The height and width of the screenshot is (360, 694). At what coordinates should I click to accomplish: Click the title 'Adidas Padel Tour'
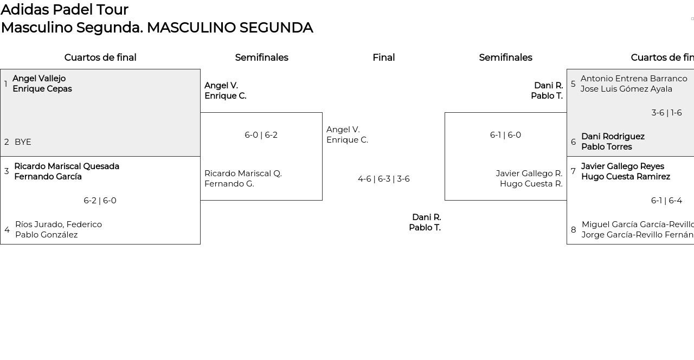coord(65,10)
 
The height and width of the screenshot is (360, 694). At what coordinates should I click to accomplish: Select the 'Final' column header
coord(383,57)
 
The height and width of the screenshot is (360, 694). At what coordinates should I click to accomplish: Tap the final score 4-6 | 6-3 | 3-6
coord(383,179)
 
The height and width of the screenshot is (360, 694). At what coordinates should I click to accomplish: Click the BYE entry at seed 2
coord(23,142)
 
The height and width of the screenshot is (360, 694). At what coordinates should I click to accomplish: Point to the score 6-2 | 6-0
coord(100,201)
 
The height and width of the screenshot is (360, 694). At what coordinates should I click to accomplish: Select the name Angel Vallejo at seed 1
coord(39,79)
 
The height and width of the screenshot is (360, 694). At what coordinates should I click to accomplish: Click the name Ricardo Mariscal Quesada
coord(67,166)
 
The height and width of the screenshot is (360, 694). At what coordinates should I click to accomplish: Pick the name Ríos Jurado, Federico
coord(59,224)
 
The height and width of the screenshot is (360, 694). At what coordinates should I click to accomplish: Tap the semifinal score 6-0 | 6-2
coord(261,135)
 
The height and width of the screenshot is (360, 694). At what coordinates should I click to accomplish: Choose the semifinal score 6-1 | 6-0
coord(505,135)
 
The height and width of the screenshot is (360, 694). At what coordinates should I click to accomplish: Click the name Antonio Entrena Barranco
coord(634,79)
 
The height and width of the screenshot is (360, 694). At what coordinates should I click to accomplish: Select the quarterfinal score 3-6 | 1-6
coord(666,113)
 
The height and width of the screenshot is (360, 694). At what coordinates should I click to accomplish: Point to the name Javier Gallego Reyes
coord(622,166)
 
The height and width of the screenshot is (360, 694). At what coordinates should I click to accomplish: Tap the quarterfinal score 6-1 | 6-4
coord(666,201)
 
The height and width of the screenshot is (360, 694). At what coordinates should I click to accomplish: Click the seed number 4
coord(7,230)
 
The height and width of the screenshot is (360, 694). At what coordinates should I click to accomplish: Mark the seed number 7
coord(573,171)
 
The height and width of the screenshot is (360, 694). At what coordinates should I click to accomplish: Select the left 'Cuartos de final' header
coord(100,57)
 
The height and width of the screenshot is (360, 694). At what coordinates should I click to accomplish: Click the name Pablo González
coord(47,235)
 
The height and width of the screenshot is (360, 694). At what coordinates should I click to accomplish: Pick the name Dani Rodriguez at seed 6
coord(613,137)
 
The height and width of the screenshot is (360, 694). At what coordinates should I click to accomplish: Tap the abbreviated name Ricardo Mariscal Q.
coord(243,173)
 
